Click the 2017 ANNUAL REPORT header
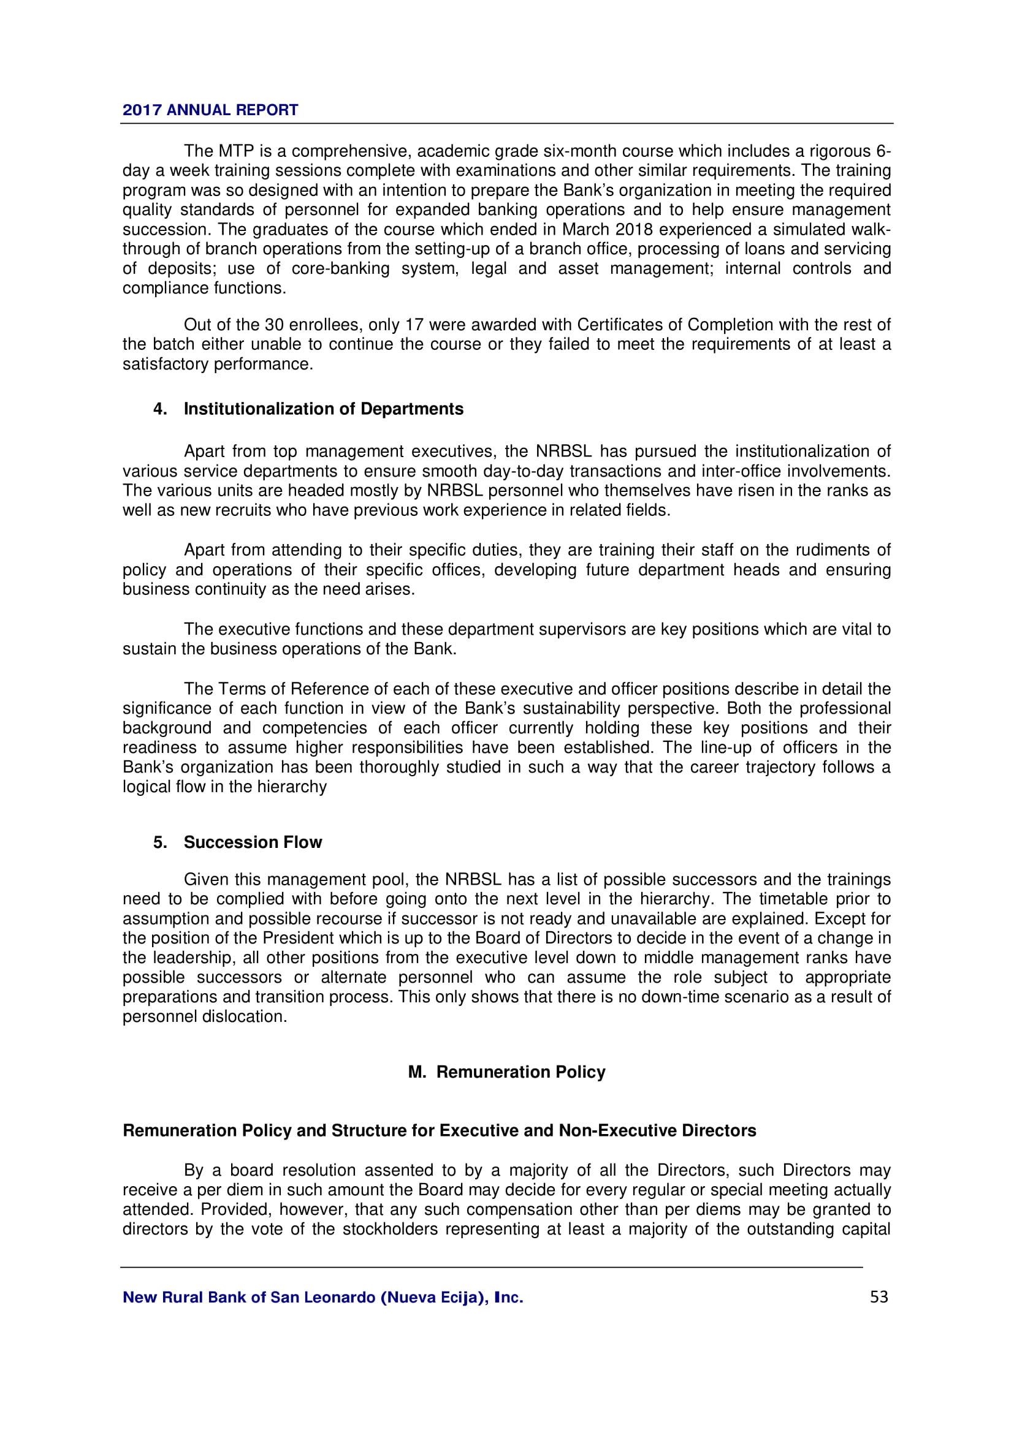(x=210, y=110)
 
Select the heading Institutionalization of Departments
(x=324, y=409)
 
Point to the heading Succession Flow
(x=252, y=842)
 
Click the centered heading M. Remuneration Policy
(x=506, y=1072)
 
